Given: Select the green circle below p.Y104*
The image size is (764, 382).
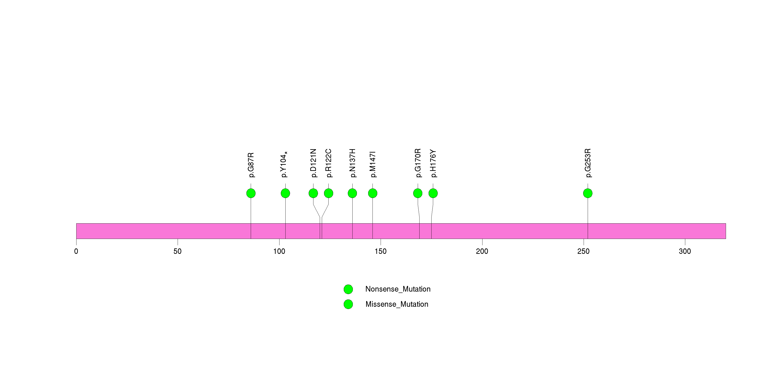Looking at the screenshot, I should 285,193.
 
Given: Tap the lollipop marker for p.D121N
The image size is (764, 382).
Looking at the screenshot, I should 313,193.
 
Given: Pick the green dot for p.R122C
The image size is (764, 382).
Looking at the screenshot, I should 328,193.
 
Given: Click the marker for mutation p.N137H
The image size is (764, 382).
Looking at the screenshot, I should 352,193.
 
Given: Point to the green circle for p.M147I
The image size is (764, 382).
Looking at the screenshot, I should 372,193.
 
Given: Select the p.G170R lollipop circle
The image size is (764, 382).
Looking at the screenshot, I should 418,193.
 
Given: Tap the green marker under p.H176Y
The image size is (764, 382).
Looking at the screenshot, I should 433,193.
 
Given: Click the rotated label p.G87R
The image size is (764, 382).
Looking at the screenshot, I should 251,165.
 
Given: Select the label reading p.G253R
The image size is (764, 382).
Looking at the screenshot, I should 588,163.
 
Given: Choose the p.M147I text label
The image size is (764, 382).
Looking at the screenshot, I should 373,164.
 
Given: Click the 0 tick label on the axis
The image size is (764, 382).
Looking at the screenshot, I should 76,251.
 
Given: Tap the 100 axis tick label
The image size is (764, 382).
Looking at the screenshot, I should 279,251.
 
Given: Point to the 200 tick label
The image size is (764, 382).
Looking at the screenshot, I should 482,251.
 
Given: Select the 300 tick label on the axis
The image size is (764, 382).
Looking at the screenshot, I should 685,251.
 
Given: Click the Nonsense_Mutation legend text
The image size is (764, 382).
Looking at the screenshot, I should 398,289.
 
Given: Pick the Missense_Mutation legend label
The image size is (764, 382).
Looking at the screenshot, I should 397,304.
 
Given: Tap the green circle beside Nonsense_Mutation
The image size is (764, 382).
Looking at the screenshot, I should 348,289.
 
